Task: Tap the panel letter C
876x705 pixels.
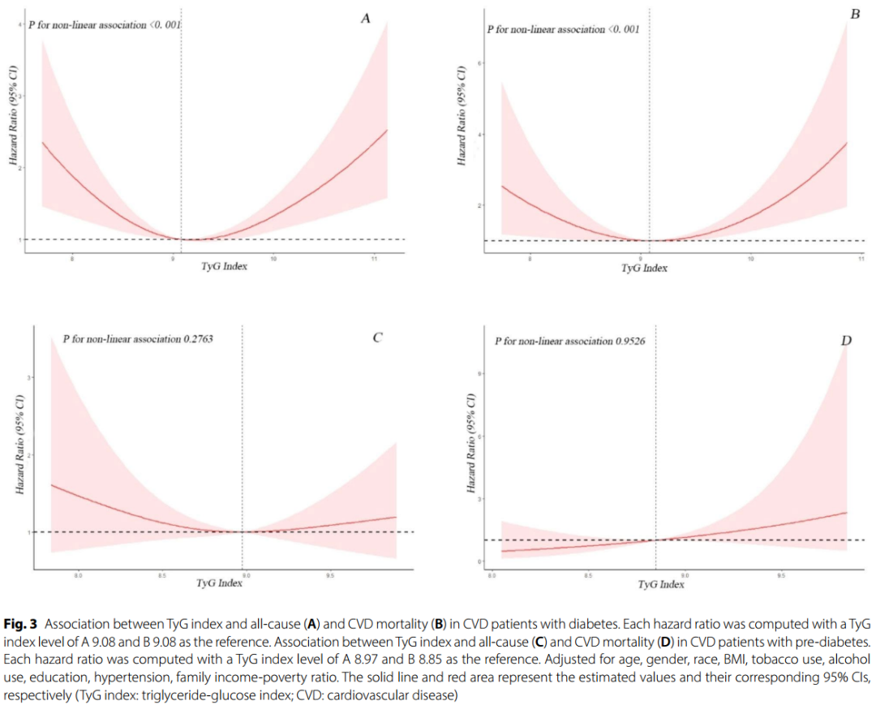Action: pos(378,338)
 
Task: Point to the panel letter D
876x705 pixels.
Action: pos(846,341)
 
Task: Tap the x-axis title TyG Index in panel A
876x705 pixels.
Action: pos(224,267)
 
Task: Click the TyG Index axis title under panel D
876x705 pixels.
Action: pos(661,584)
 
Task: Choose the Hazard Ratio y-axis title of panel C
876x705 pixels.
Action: pos(19,445)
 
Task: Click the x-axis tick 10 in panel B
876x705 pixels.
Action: pos(751,259)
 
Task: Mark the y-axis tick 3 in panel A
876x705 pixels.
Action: pos(21,96)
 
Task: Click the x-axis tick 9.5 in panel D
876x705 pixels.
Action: pos(781,574)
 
